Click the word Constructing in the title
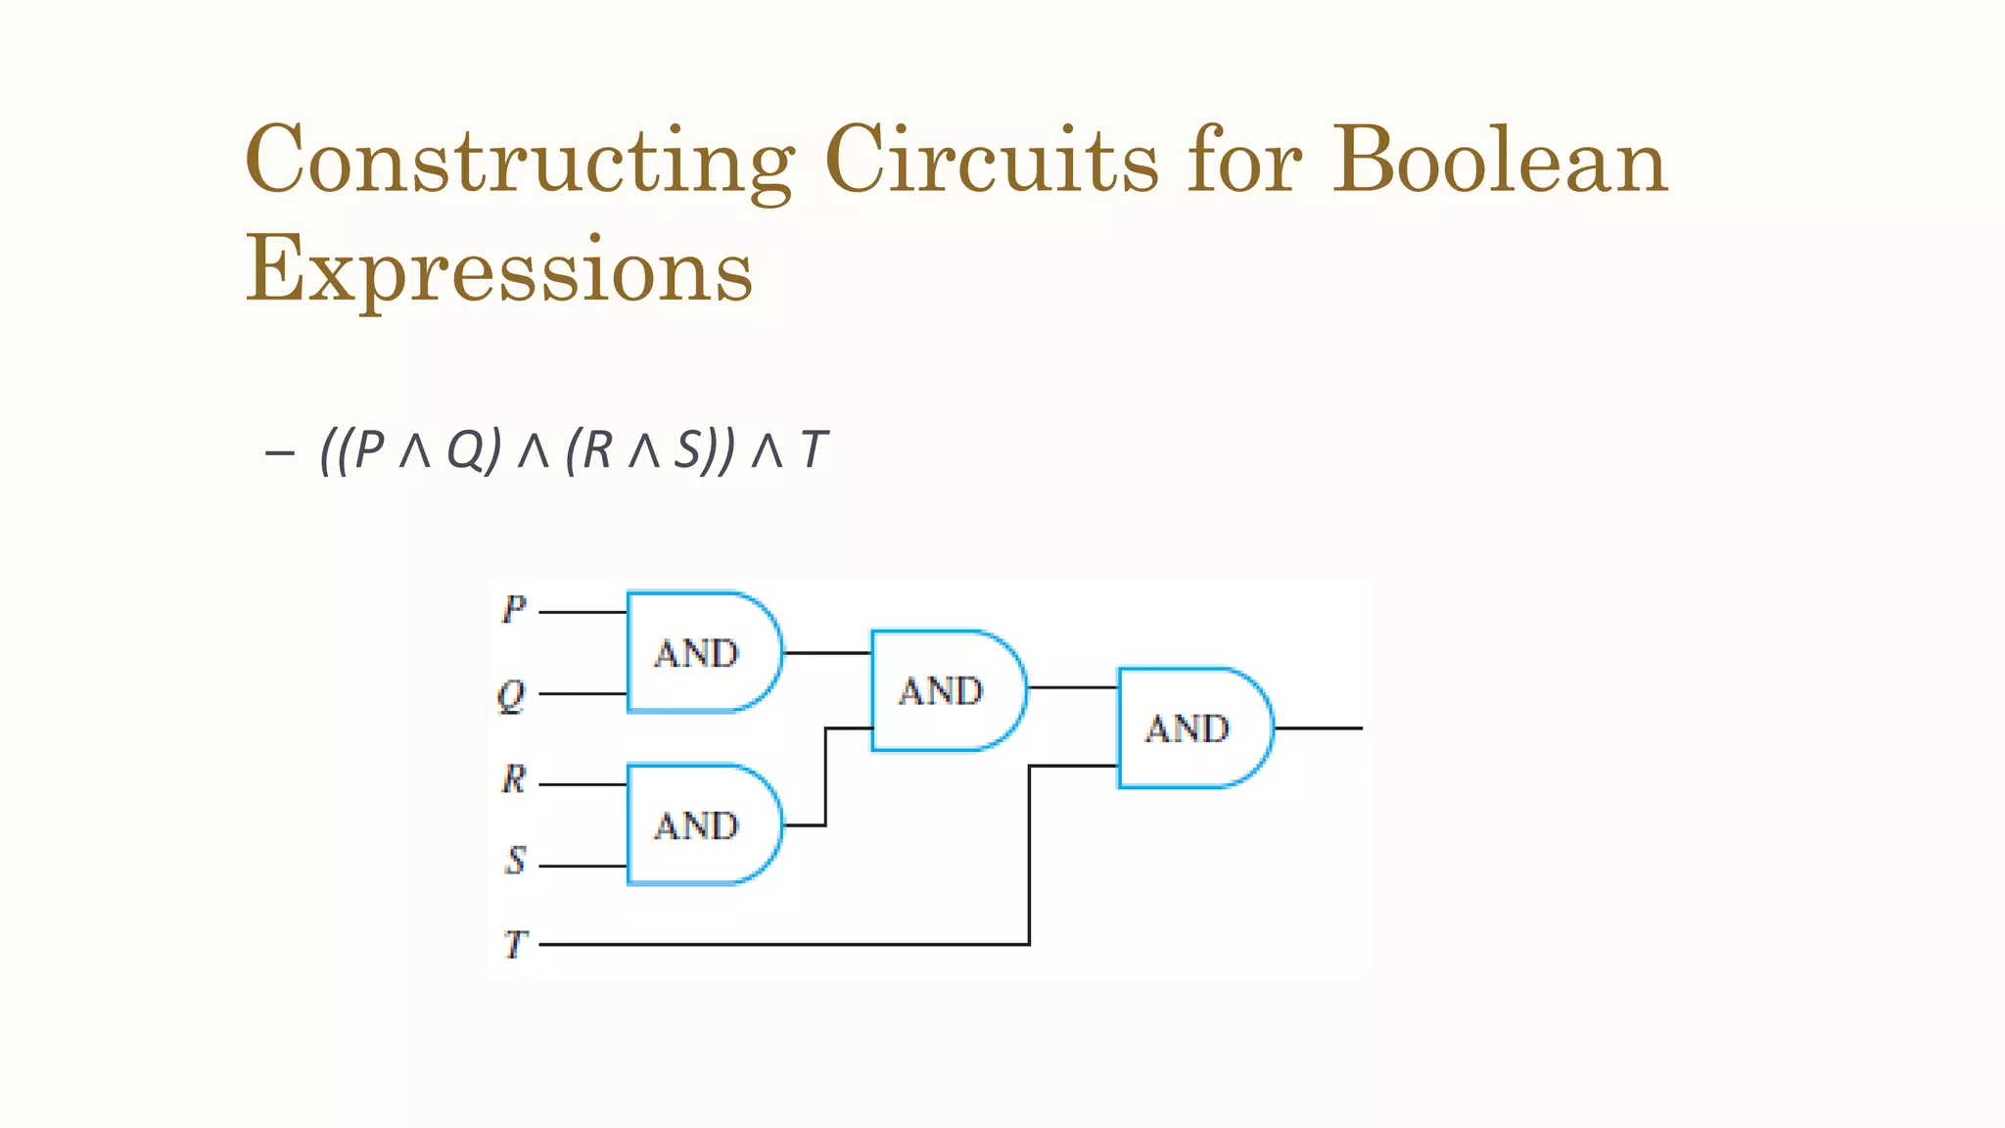[519, 163]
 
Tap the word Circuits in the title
[991, 161]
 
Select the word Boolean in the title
[1500, 161]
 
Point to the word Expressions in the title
[499, 268]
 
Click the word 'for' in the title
[1244, 161]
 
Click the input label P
[514, 610]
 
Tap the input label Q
[511, 696]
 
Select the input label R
[514, 780]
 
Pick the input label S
[515, 861]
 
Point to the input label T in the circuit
[515, 945]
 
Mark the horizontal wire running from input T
[783, 945]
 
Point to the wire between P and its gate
[583, 612]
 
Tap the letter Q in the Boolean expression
[467, 451]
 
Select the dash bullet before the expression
[279, 452]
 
